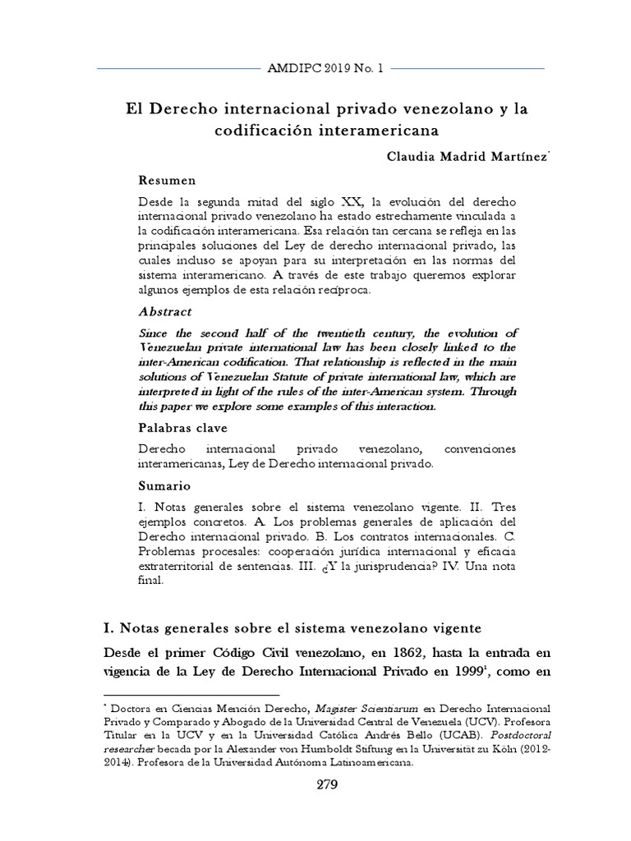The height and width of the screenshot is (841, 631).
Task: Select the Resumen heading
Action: pyautogui.click(x=167, y=180)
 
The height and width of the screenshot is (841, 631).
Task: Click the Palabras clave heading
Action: pyautogui.click(x=182, y=428)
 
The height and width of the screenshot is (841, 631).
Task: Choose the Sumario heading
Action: pyautogui.click(x=164, y=485)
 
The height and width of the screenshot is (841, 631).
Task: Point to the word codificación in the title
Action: pyautogui.click(x=260, y=130)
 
